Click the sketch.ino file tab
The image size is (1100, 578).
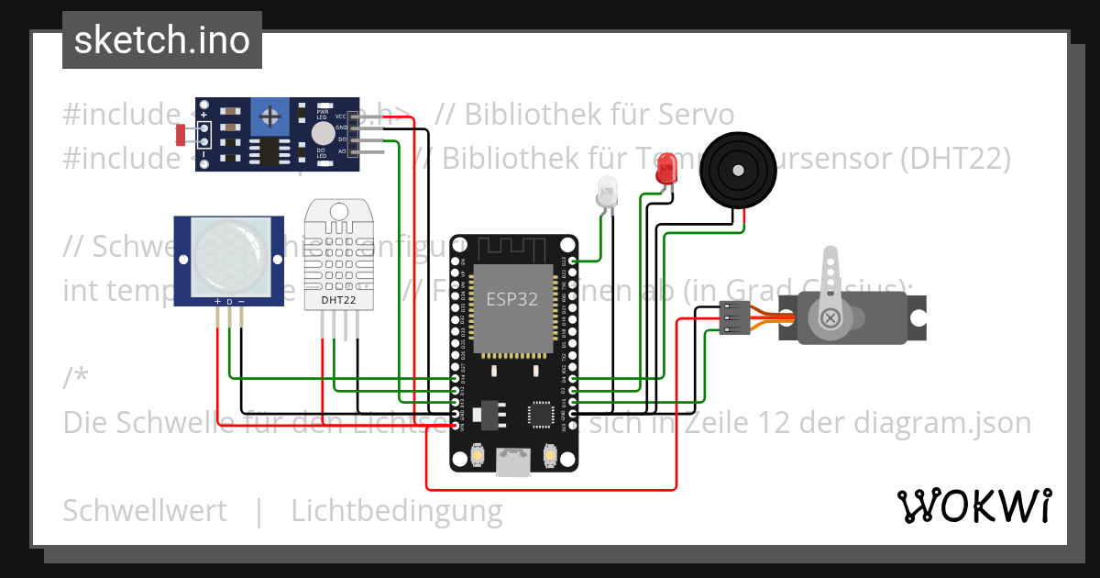tap(161, 40)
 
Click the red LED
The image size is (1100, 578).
tap(666, 169)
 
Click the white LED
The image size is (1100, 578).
tap(606, 192)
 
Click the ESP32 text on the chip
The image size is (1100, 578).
tap(512, 299)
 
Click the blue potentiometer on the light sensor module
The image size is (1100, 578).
tap(269, 117)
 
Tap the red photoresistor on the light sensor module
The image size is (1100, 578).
tap(181, 135)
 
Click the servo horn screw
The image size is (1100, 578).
tap(830, 317)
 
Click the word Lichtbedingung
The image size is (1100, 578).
tap(397, 511)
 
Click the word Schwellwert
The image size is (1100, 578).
tap(145, 511)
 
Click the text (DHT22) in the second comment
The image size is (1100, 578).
tap(955, 159)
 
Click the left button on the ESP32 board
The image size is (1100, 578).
tap(478, 454)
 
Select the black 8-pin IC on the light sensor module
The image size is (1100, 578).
tap(269, 150)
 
